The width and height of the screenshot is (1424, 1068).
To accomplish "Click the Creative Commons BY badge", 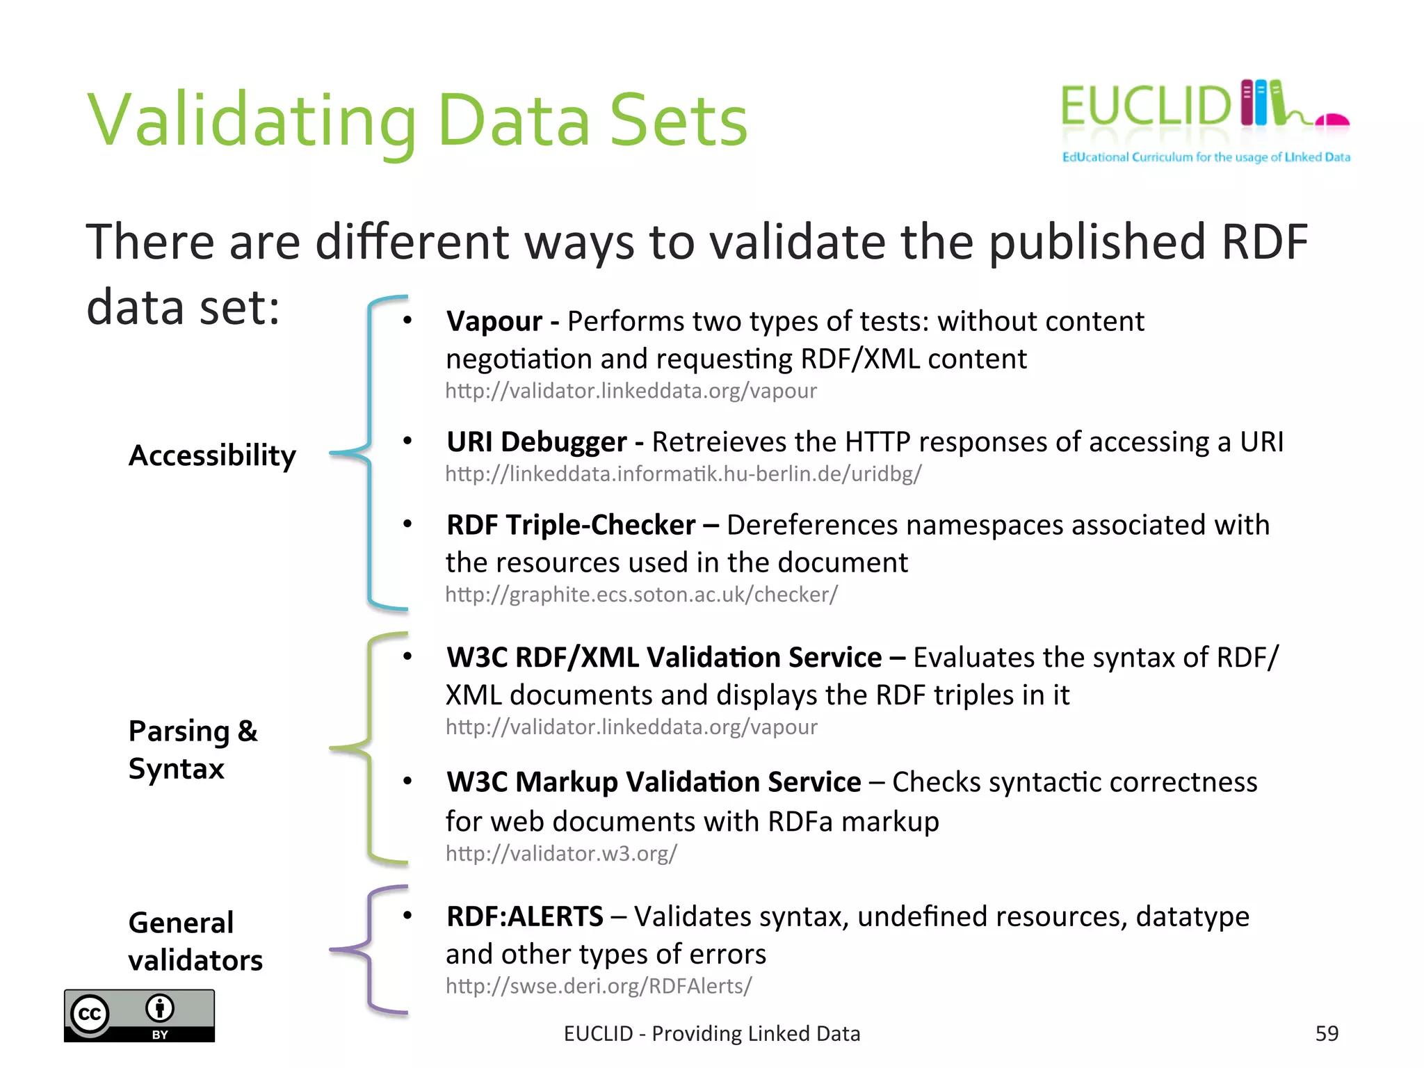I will point(139,1015).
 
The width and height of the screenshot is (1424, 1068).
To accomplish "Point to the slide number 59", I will point(1327,1033).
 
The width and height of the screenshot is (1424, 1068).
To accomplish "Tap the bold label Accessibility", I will point(212,455).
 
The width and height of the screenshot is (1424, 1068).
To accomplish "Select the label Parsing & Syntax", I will point(193,750).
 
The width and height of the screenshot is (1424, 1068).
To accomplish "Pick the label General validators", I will point(195,941).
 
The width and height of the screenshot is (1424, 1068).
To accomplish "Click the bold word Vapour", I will point(494,321).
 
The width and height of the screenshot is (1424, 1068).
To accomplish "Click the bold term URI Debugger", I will point(537,442).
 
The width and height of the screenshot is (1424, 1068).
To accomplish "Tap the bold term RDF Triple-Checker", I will point(571,525).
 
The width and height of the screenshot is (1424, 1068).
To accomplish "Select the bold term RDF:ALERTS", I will point(525,916).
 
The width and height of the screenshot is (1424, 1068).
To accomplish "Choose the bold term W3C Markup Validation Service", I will point(654,782).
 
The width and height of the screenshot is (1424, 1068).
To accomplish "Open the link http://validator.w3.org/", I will point(561,853).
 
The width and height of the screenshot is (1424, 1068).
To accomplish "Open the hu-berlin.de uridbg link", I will point(683,474).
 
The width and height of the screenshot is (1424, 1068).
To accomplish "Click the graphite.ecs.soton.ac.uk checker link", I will point(641,594).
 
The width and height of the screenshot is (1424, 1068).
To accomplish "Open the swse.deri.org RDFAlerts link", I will point(599,986).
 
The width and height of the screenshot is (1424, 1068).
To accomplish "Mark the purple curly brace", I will point(369,949).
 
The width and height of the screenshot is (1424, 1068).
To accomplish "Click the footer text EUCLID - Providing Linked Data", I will point(712,1034).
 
